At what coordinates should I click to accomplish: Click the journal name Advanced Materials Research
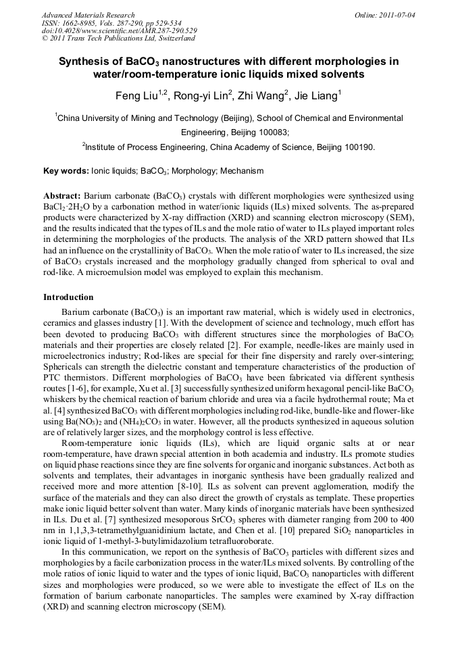88,15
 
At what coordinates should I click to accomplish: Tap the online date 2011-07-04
398,15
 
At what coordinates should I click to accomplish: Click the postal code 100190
357,147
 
